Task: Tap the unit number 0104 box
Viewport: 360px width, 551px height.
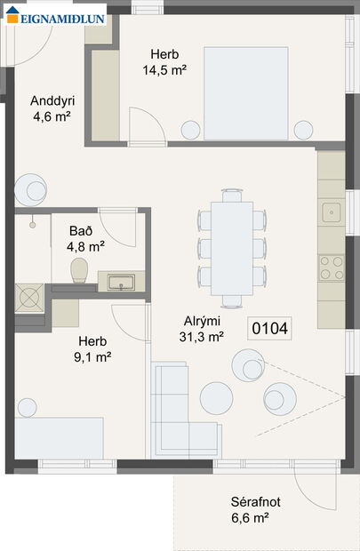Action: (x=270, y=329)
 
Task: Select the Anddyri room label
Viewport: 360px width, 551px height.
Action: (x=50, y=108)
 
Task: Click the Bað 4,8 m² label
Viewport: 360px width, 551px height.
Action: (x=86, y=238)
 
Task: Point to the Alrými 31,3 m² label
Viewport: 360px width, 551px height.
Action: (x=203, y=328)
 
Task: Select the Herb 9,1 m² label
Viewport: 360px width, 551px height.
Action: (x=92, y=349)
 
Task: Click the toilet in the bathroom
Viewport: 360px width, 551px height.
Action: (x=78, y=270)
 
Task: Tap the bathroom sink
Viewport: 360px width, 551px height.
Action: (x=120, y=283)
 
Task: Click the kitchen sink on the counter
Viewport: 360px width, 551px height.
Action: (x=332, y=212)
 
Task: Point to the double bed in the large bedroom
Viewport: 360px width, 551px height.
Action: (x=245, y=92)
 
